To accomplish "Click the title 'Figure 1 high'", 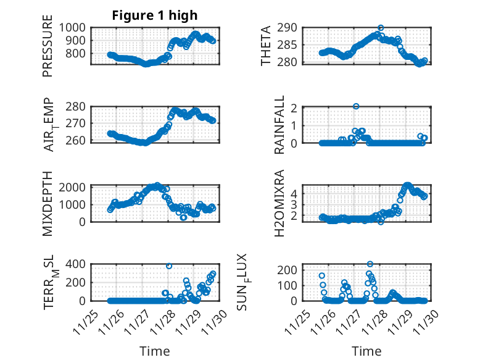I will (x=155, y=15).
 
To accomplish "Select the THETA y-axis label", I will (x=266, y=45).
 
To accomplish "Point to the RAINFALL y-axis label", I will (x=279, y=125).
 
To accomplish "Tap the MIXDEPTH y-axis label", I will (x=48, y=203).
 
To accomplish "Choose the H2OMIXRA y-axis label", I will (x=279, y=203).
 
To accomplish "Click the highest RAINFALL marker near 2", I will (x=356, y=106).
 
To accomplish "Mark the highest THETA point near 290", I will (x=381, y=28).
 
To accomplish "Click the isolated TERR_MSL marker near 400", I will (x=169, y=266).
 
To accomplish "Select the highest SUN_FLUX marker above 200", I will (x=370, y=264).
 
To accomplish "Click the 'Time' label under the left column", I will (x=155, y=351).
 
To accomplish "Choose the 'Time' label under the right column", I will (x=366, y=351).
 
